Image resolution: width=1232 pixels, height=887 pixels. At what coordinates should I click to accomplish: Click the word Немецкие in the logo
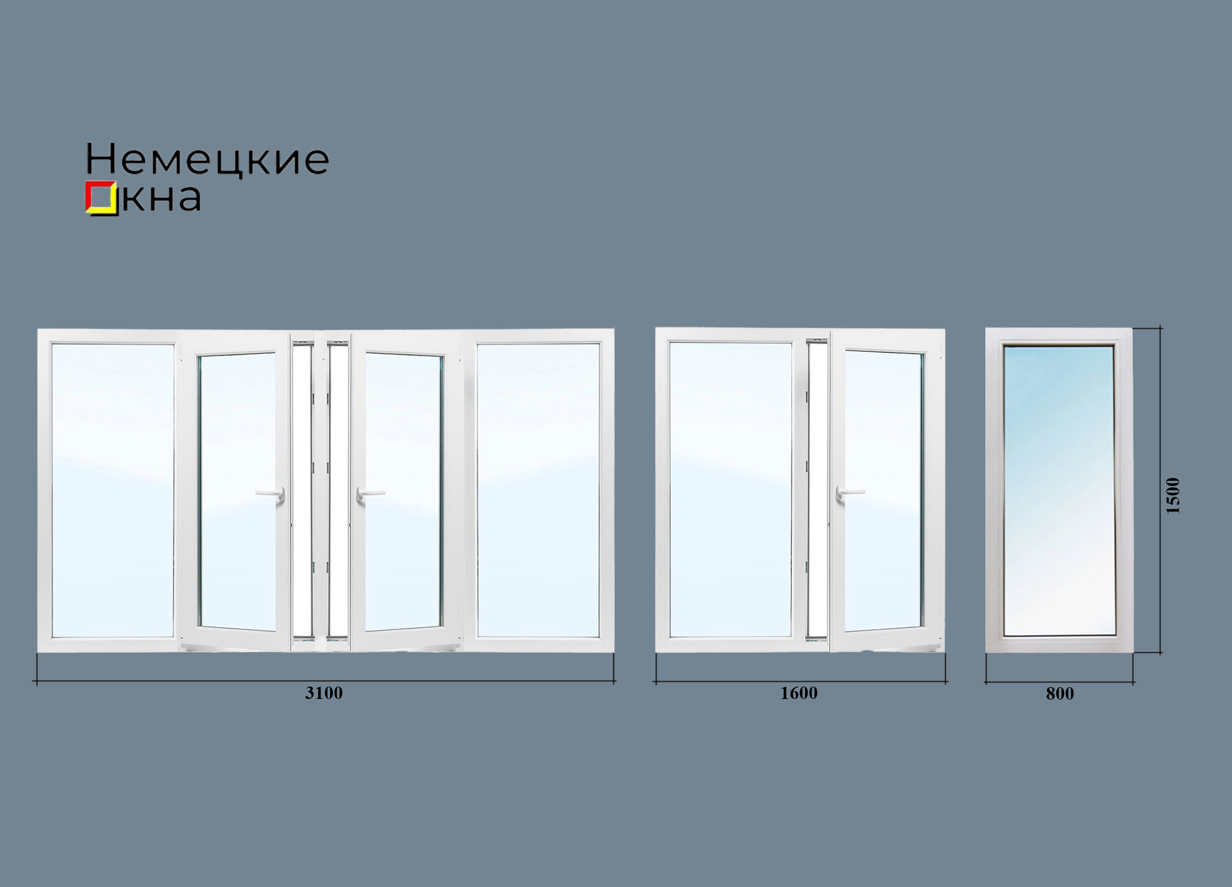pos(208,160)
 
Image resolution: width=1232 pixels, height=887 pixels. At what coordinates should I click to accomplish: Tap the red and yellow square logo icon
pos(101,197)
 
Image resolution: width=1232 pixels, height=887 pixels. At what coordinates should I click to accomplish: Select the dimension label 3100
pos(324,693)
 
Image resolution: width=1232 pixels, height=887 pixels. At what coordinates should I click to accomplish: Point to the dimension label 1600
pos(799,693)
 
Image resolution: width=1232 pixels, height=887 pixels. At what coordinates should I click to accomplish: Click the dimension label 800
pos(1060,694)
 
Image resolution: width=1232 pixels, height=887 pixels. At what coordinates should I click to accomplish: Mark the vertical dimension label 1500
pos(1173,496)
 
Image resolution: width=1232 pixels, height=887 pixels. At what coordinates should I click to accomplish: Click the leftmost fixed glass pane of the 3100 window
pos(112,490)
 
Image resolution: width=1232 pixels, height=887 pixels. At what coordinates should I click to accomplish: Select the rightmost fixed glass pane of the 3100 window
pos(538,490)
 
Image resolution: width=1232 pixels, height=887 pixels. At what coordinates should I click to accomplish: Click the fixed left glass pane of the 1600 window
pos(730,490)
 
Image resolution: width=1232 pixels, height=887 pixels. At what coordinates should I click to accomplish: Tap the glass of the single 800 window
pos(1059,491)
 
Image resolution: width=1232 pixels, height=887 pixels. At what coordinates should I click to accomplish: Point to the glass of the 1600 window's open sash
pos(884,491)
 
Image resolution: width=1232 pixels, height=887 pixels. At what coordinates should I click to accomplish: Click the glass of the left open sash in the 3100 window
pos(237,491)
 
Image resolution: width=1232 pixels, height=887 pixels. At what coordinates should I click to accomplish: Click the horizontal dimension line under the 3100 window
pos(325,681)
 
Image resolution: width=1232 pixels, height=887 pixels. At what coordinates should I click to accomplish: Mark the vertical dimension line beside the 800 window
pos(1160,490)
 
